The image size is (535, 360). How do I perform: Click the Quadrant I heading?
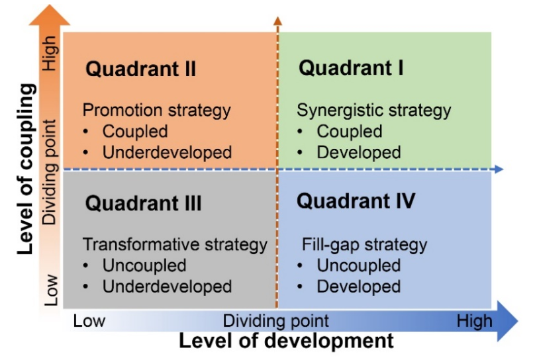pyautogui.click(x=351, y=67)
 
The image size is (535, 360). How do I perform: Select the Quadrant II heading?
pyautogui.click(x=140, y=69)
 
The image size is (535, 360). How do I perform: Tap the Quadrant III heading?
pyautogui.click(x=143, y=203)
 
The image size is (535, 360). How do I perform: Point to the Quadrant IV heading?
pyautogui.click(x=356, y=201)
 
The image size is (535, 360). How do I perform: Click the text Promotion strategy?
pyautogui.click(x=157, y=111)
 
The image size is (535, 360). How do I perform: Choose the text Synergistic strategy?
pyautogui.click(x=374, y=111)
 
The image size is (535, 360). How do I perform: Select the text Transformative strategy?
pyautogui.click(x=175, y=245)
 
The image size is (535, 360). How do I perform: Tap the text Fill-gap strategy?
pyautogui.click(x=364, y=245)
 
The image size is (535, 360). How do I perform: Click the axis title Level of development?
pyautogui.click(x=286, y=341)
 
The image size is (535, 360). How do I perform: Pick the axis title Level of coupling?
pyautogui.click(x=26, y=169)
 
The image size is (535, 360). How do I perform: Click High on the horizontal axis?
pyautogui.click(x=475, y=321)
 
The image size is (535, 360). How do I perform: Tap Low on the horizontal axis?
pyautogui.click(x=89, y=321)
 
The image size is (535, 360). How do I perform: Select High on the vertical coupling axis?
pyautogui.click(x=50, y=53)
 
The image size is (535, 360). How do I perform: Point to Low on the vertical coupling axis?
pyautogui.click(x=51, y=290)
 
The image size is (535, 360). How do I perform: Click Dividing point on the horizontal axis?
pyautogui.click(x=275, y=321)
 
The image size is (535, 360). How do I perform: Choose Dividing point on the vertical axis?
pyautogui.click(x=50, y=172)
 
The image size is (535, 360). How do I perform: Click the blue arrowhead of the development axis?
pyautogui.click(x=508, y=321)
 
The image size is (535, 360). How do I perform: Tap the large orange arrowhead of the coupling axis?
pyautogui.click(x=50, y=15)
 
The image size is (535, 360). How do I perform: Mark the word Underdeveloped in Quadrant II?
pyautogui.click(x=167, y=152)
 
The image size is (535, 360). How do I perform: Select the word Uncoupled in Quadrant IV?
pyautogui.click(x=359, y=266)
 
